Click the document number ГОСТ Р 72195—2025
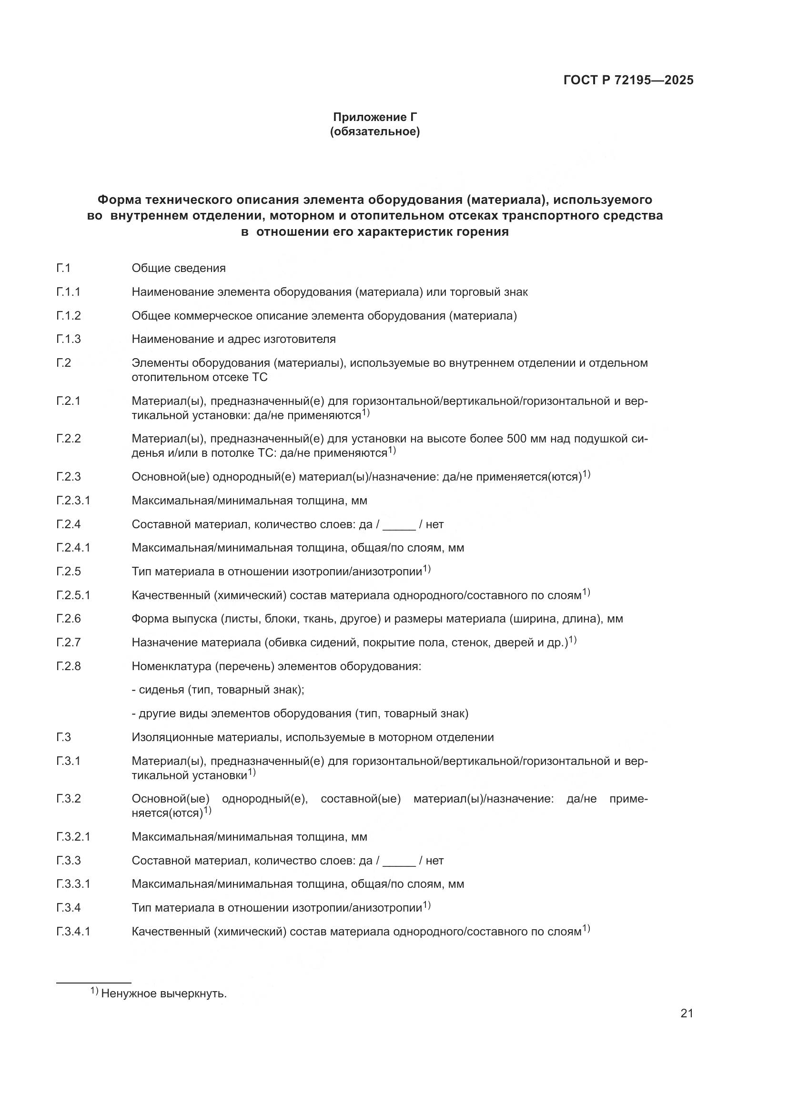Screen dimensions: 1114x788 coord(628,80)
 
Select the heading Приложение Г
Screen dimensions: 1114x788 coord(374,117)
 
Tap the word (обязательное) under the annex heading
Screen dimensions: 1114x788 coord(374,131)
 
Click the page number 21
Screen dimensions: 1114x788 coord(687,1014)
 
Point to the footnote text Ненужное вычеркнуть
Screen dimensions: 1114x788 coord(163,993)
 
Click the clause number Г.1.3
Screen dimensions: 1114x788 coord(69,339)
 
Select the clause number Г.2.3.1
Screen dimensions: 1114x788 coord(73,500)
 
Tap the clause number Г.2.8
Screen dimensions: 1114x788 coord(69,666)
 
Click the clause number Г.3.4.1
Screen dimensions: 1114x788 coord(73,932)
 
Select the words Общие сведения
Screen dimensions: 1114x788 coord(179,268)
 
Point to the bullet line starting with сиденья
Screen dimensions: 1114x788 coord(218,690)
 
